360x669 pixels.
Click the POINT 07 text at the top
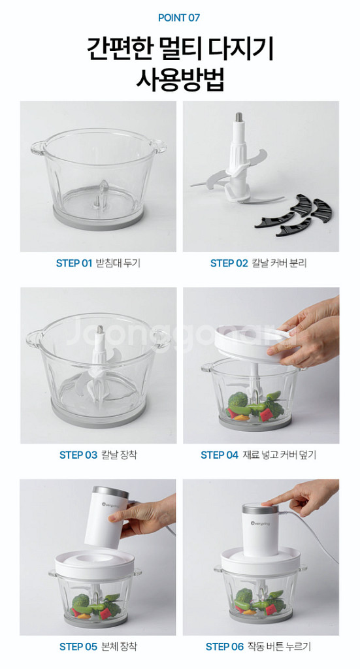point(179,18)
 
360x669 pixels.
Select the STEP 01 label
point(74,263)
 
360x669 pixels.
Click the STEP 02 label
point(229,263)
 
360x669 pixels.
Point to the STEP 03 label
point(78,455)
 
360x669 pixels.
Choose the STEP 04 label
point(220,455)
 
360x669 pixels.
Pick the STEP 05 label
point(78,646)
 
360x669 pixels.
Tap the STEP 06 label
point(224,646)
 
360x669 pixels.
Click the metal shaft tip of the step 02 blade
point(238,116)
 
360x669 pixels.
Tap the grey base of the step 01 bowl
point(98,219)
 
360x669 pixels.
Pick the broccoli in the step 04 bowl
point(238,400)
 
